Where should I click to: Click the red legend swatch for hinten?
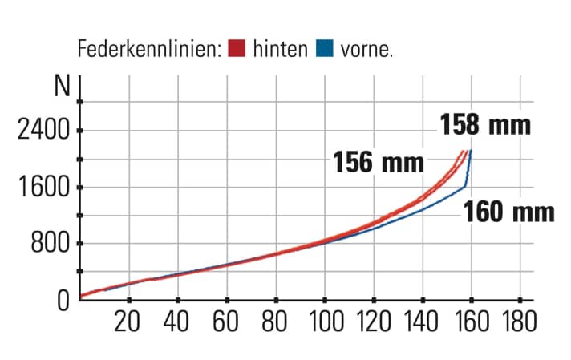click(235, 49)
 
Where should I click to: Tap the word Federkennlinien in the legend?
click(148, 49)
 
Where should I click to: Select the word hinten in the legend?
click(280, 49)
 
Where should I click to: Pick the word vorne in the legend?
click(366, 49)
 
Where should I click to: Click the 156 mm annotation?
click(379, 163)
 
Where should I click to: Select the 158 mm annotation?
click(485, 126)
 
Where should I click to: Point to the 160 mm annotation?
click(509, 212)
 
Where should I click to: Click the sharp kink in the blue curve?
click(465, 187)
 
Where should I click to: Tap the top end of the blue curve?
click(471, 151)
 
